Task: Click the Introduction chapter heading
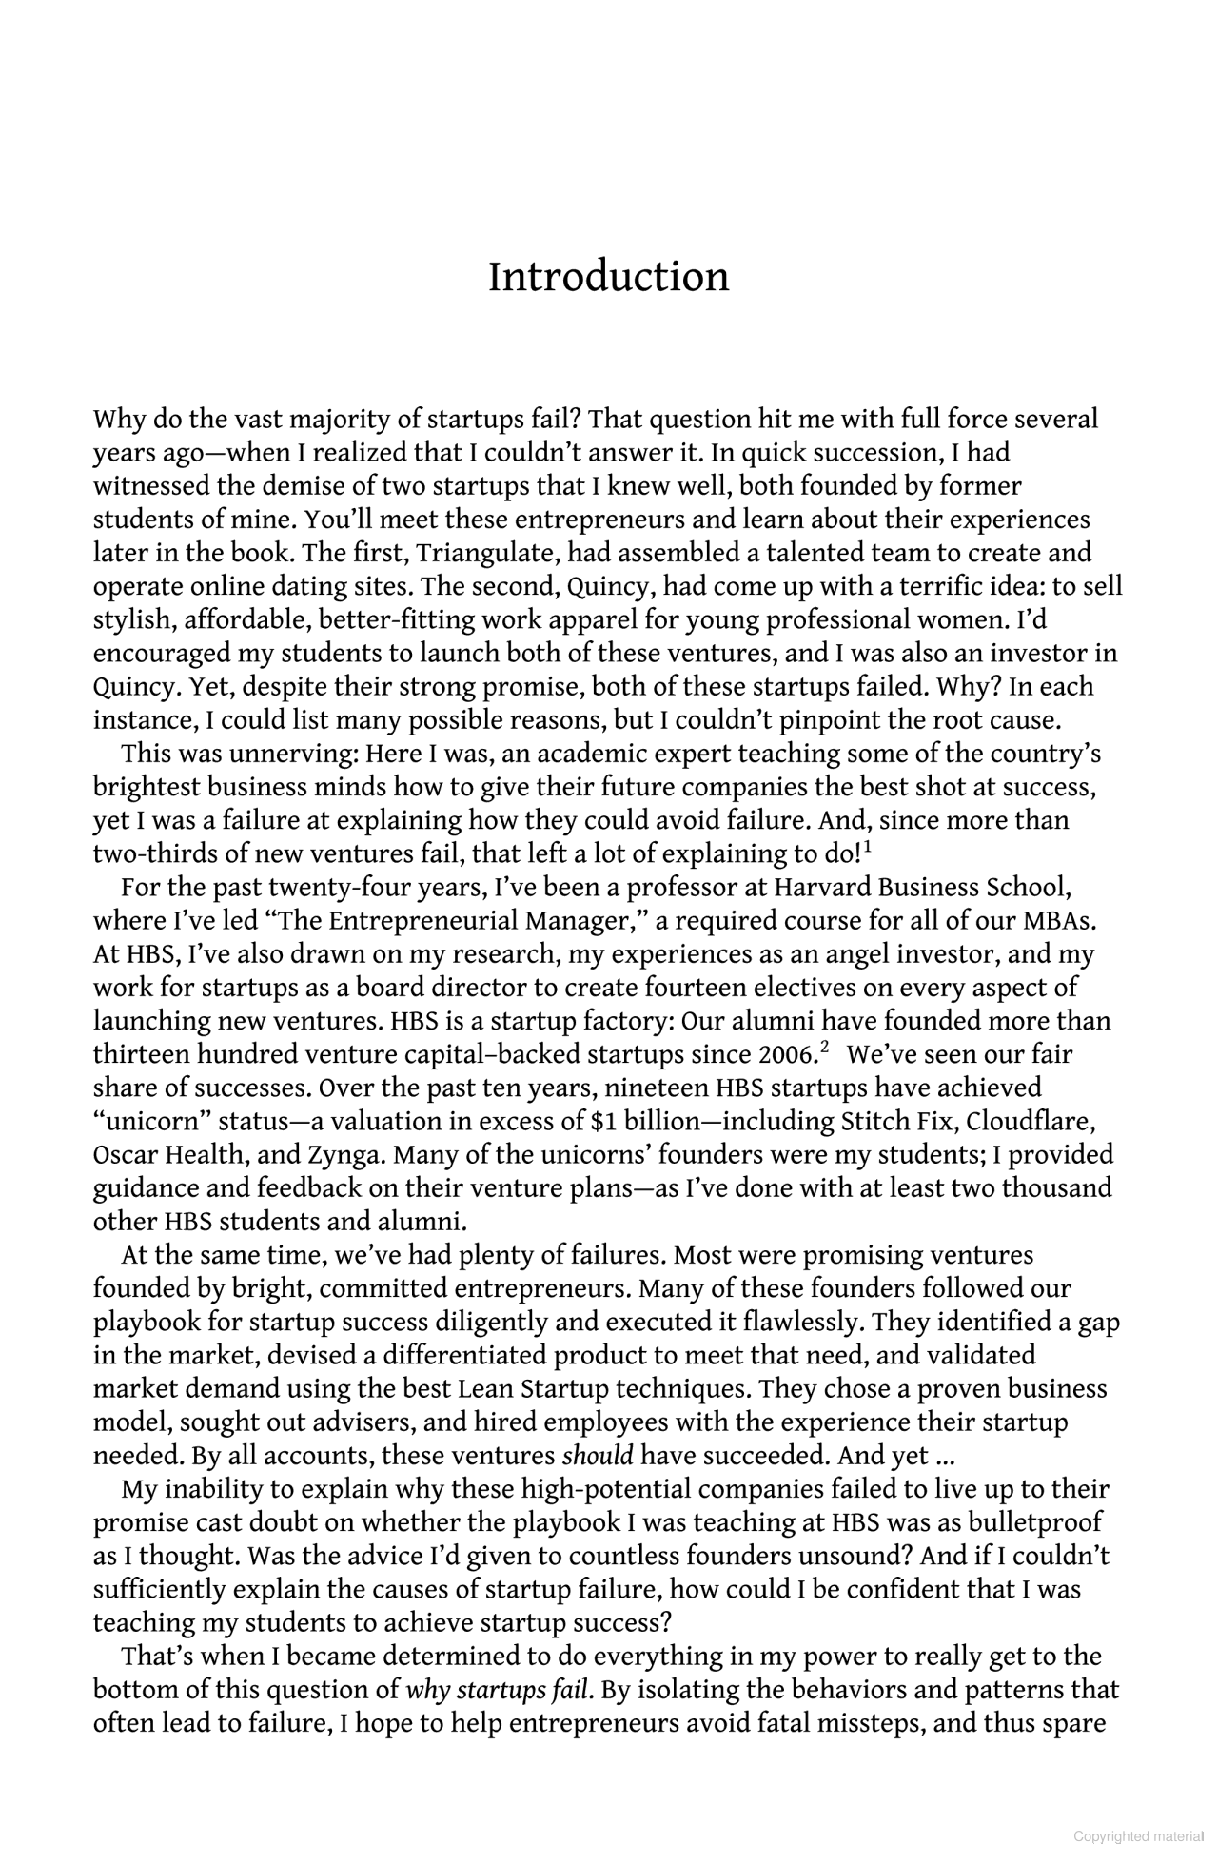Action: [608, 277]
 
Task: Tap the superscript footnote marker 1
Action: [867, 846]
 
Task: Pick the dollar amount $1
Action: [598, 1122]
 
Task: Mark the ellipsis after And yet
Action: [943, 1456]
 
